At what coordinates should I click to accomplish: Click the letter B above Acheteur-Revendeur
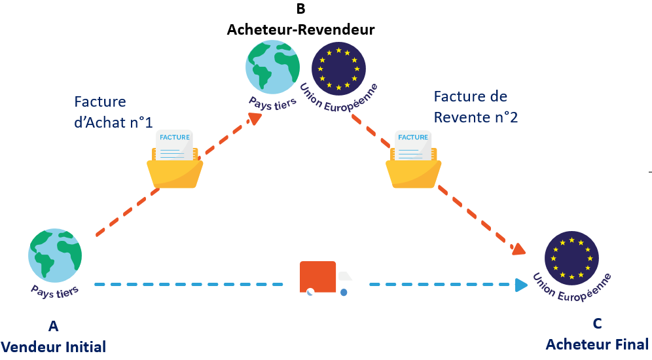click(300, 9)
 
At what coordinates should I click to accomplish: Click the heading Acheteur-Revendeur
click(300, 30)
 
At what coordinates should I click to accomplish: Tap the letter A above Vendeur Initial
click(53, 325)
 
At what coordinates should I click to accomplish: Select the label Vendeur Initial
click(53, 347)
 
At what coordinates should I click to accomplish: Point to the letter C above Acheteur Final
click(597, 323)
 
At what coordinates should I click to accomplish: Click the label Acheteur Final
click(597, 344)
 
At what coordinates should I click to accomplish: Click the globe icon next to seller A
click(55, 255)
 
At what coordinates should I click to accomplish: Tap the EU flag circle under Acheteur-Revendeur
click(338, 68)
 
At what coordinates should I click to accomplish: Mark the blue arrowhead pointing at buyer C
click(521, 285)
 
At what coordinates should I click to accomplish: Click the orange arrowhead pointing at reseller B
click(255, 118)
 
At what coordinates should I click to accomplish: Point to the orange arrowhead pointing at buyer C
click(518, 249)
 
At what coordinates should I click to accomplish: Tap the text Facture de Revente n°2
click(470, 106)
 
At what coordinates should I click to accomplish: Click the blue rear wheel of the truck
click(343, 292)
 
